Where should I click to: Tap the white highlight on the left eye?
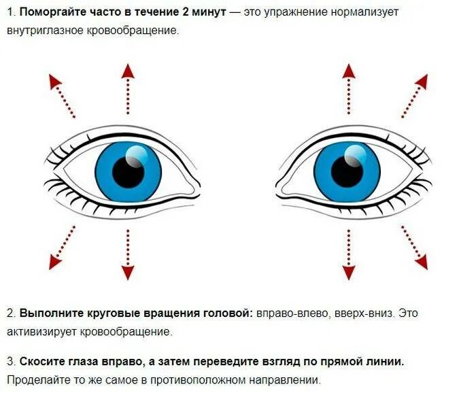[x=136, y=158]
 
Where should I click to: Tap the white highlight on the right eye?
[x=355, y=158]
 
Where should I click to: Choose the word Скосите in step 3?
[x=41, y=361]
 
